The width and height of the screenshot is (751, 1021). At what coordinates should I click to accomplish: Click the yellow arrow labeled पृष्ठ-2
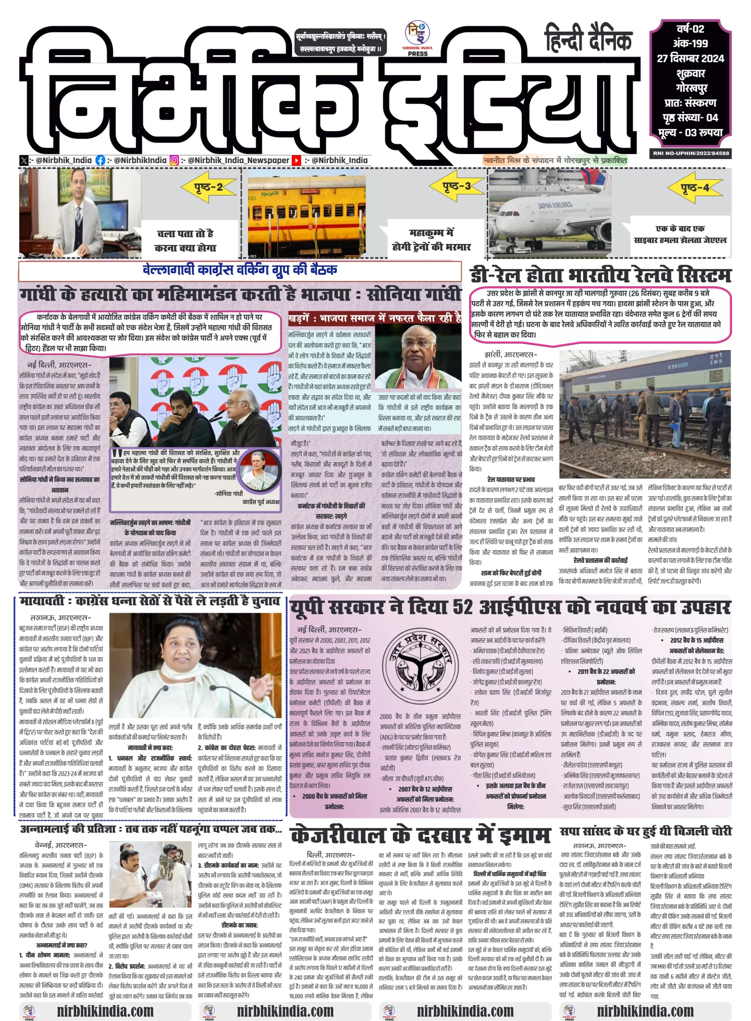pyautogui.click(x=208, y=187)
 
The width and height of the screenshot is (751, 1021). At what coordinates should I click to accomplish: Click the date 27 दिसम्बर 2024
pyautogui.click(x=690, y=58)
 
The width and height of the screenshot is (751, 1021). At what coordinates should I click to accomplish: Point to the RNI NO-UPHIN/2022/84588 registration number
pyautogui.click(x=690, y=153)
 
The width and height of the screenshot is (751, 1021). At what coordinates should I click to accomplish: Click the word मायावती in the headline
pyautogui.click(x=41, y=601)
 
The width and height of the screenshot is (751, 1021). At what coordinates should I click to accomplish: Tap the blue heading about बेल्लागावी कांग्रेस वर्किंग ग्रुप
pyautogui.click(x=240, y=270)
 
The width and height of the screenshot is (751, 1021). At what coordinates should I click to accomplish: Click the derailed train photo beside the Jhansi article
pyautogui.click(x=644, y=414)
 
